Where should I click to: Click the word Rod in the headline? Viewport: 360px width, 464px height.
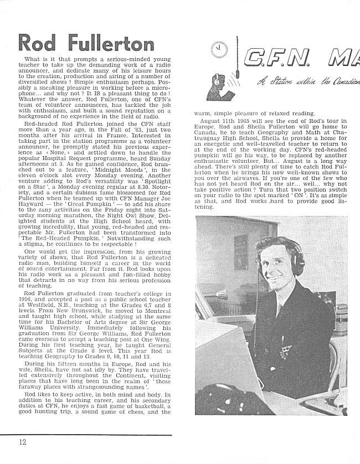39,43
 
